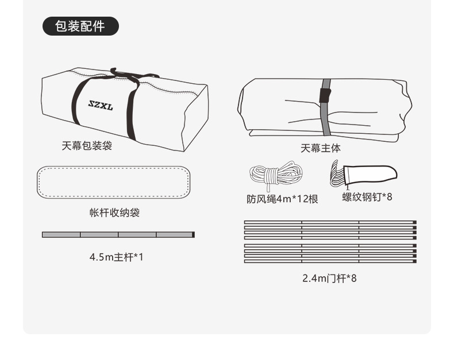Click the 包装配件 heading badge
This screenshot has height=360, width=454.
pyautogui.click(x=80, y=26)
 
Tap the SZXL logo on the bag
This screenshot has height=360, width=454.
pyautogui.click(x=101, y=105)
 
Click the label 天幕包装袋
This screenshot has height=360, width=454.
pyautogui.click(x=87, y=146)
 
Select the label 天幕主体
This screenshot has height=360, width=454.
pyautogui.click(x=321, y=149)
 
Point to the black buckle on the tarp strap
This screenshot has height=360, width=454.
pyautogui.click(x=325, y=95)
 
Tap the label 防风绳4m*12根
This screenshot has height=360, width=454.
pyautogui.click(x=282, y=199)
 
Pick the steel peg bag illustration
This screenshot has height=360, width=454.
pyautogui.click(x=364, y=173)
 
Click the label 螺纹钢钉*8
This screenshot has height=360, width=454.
pyautogui.click(x=367, y=197)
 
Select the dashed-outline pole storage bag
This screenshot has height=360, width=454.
pyautogui.click(x=114, y=183)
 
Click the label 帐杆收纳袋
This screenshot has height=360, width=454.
pyautogui.click(x=115, y=212)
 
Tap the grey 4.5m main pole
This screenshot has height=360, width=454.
pyautogui.click(x=118, y=234)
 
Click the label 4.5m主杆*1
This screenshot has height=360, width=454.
pyautogui.click(x=117, y=257)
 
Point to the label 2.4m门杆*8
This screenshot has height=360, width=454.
pyautogui.click(x=329, y=278)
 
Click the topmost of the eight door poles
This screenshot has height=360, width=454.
pyautogui.click(x=330, y=222)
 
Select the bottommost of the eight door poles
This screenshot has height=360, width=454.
pyautogui.click(x=330, y=261)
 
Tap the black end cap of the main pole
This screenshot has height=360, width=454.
pyautogui.click(x=194, y=234)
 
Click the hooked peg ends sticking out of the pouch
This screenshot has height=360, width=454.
pyautogui.click(x=337, y=173)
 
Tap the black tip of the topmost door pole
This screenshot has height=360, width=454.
pyautogui.click(x=415, y=222)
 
